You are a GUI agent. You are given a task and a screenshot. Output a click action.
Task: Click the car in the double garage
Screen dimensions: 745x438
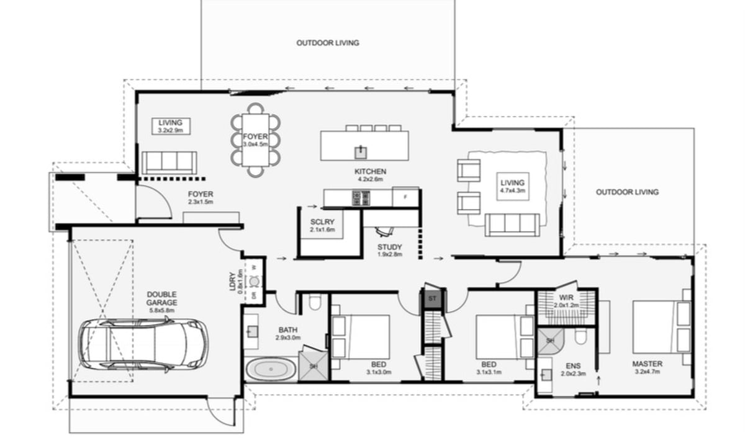[143, 344]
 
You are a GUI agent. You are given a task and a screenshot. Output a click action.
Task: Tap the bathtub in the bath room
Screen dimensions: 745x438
[271, 369]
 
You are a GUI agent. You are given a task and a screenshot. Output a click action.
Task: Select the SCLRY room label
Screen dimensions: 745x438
[322, 222]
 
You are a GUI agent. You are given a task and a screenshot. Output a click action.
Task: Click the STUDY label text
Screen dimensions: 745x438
[389, 247]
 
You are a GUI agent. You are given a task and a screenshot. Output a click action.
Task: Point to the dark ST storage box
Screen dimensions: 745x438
[432, 298]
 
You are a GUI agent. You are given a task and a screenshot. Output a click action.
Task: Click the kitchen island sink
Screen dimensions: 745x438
[361, 152]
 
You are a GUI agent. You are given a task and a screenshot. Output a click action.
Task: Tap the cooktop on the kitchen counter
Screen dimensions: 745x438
[361, 198]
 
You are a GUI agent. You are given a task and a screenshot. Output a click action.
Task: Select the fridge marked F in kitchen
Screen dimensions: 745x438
[405, 197]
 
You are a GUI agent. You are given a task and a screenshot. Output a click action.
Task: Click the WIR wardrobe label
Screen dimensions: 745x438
[566, 297]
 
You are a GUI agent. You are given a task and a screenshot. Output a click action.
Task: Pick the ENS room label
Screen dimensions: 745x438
[574, 366]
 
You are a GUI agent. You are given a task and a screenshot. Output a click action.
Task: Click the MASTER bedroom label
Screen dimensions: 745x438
[647, 364]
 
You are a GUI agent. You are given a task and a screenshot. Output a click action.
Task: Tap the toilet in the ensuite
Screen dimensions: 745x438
[581, 337]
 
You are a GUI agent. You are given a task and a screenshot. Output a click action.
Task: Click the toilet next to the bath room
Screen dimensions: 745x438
[314, 302]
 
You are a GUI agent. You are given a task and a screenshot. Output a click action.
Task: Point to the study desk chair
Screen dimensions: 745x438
[385, 231]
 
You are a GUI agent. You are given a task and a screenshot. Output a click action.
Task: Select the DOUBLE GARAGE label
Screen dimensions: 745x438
[162, 298]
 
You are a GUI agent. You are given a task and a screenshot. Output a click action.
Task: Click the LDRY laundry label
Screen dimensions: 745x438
[232, 282]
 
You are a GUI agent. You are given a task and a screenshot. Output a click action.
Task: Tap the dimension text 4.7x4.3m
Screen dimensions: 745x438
[513, 190]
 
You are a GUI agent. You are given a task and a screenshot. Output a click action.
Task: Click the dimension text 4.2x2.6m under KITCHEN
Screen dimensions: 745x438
[370, 179]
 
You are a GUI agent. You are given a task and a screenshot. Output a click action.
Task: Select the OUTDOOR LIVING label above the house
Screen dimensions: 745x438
[328, 43]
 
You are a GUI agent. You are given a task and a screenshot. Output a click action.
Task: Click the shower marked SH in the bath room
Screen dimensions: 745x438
[314, 365]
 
